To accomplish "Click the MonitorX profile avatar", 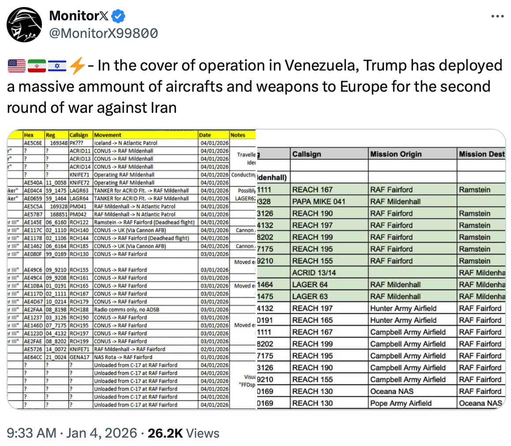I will (x=24, y=25).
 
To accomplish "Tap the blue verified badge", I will (x=118, y=17).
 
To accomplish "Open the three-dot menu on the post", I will (x=497, y=17).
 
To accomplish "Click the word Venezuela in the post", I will (x=319, y=66).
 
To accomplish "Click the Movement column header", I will (x=108, y=135).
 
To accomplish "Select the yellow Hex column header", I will (x=29, y=135).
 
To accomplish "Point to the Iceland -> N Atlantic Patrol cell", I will (x=125, y=143).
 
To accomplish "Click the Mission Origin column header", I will (x=396, y=154).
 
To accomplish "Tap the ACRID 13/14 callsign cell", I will (x=314, y=273).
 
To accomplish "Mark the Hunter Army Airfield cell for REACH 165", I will (x=403, y=320).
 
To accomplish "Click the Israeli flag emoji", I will (x=57, y=66).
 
